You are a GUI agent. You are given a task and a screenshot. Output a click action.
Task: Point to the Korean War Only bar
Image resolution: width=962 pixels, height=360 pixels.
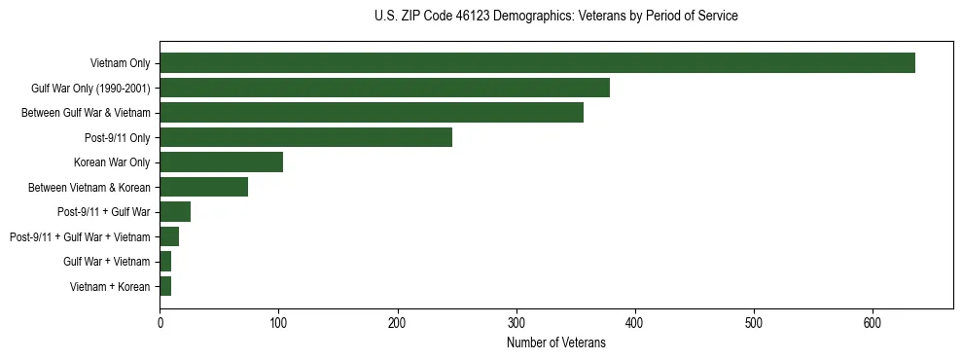tap(221, 162)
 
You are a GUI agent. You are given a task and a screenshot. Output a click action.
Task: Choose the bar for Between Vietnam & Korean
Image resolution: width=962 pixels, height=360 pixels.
tap(203, 187)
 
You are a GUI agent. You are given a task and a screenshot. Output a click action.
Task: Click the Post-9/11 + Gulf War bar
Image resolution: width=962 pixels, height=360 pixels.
tap(175, 212)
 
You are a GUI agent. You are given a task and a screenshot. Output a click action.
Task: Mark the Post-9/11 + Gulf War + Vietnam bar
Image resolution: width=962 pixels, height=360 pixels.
tap(169, 236)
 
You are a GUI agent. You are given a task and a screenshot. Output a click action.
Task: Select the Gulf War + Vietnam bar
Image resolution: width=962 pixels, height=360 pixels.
tap(165, 261)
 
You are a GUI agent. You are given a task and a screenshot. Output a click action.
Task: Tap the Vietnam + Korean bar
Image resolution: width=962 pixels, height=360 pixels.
tap(165, 286)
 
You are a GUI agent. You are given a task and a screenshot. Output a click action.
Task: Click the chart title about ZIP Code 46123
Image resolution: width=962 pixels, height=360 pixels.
tap(555, 17)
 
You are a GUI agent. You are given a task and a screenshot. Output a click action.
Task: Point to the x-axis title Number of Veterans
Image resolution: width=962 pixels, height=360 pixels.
tap(555, 342)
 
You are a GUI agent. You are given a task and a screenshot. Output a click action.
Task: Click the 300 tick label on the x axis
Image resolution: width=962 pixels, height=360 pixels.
tap(517, 323)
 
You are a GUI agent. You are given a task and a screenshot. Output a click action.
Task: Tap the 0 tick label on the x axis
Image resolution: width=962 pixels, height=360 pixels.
tap(160, 323)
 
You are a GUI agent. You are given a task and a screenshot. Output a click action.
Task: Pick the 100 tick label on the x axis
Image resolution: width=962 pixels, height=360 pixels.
tap(278, 323)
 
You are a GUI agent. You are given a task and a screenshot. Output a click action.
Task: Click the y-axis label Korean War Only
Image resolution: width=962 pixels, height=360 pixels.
tap(112, 162)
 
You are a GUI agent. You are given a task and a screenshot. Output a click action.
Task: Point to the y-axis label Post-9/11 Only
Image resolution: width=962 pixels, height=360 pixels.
tap(118, 137)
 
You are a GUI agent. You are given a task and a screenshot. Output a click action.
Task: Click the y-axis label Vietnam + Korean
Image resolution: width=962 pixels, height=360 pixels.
tap(111, 286)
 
